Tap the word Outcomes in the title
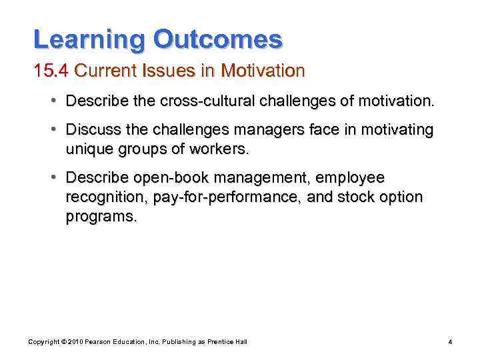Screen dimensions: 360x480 [x=218, y=40]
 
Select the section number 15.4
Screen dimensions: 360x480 [x=52, y=70]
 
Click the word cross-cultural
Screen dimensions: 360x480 [x=197, y=103]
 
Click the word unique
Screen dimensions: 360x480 [x=87, y=149]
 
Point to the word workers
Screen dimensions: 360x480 [x=219, y=149]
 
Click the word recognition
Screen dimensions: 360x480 [x=105, y=197]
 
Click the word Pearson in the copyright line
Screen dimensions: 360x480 [x=95, y=342]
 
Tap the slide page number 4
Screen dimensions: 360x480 [x=451, y=342]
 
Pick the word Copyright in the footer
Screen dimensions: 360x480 [x=43, y=342]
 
